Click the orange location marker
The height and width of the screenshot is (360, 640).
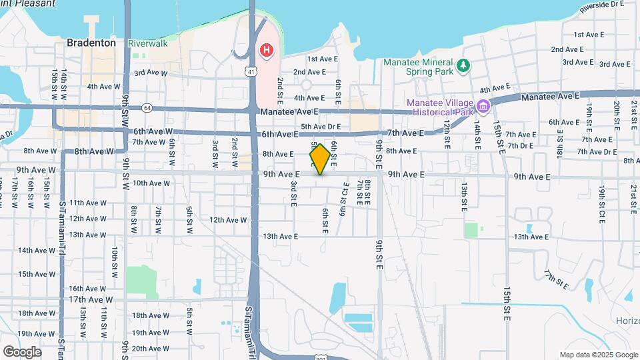[x=320, y=159]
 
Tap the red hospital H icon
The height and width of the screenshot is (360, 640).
[x=267, y=50]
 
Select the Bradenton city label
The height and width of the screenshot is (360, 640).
[x=91, y=43]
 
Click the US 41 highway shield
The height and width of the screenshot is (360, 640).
[x=251, y=70]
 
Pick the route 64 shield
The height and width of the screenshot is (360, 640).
[x=147, y=107]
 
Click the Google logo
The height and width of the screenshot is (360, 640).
[x=22, y=351]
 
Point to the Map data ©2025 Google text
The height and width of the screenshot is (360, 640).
[x=598, y=355]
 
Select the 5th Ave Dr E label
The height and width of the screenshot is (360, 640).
[x=321, y=126]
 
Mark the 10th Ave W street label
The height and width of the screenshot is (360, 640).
[x=151, y=183]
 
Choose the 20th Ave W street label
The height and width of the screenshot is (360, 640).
[x=151, y=348]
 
